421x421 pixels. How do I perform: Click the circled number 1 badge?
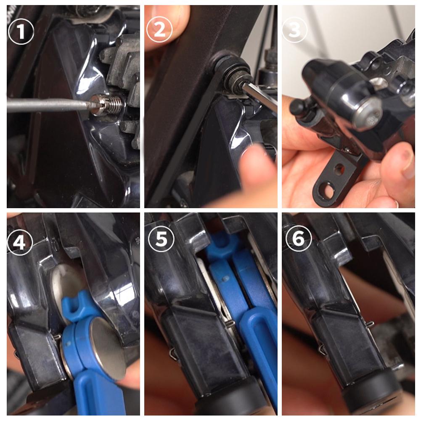coord(21,31)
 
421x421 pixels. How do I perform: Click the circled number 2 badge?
coord(159,31)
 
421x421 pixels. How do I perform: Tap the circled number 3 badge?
coord(295,31)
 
